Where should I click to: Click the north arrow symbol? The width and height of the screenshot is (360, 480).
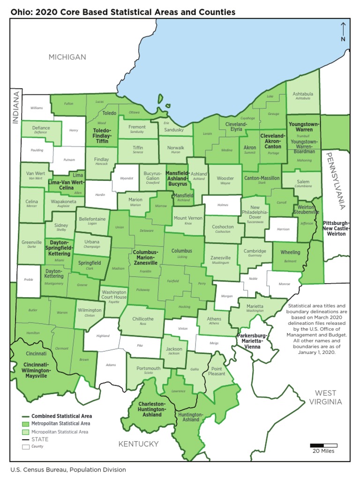pos(343,31)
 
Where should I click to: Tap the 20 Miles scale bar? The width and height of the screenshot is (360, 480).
pos(323,446)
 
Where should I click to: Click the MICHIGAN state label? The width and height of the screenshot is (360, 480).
pos(68,57)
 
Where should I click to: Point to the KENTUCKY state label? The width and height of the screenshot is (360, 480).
pos(138,444)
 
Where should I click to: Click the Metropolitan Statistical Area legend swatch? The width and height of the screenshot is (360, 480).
pos(26,424)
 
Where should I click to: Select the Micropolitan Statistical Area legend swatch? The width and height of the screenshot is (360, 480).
pos(26,432)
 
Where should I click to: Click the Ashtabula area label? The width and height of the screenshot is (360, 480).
pos(303,94)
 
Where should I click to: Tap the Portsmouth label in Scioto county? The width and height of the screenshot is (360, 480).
pos(148,368)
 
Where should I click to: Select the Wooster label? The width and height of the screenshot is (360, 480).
pos(225,179)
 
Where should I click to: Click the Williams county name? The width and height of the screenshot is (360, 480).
pos(37,108)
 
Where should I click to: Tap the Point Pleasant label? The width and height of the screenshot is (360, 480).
pos(217,371)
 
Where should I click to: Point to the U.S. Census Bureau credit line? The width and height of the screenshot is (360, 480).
pos(68,469)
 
